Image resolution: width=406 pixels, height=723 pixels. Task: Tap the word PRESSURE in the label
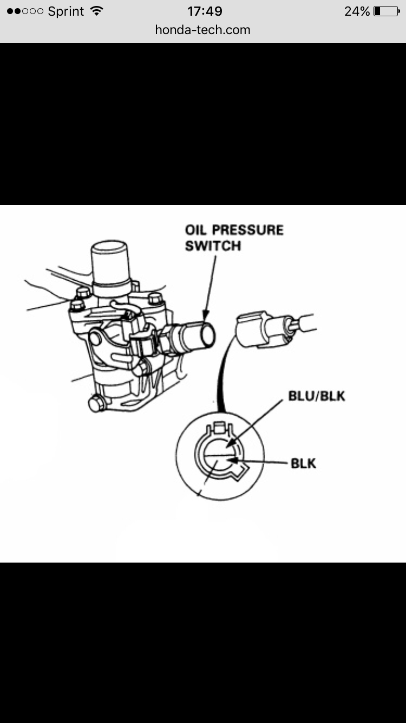[248, 230]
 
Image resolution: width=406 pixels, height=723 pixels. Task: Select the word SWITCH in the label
[213, 246]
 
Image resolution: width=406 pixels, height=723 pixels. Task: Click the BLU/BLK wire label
[317, 396]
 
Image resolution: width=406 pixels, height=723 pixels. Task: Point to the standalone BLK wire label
[303, 463]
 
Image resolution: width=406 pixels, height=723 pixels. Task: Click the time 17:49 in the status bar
[205, 11]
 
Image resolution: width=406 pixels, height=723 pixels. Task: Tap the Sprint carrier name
[67, 11]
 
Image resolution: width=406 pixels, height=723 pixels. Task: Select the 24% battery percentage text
[357, 11]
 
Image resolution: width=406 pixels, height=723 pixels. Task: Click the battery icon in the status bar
[387, 11]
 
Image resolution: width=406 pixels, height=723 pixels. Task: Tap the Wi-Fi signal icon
[97, 11]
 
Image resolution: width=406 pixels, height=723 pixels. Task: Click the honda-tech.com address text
[202, 30]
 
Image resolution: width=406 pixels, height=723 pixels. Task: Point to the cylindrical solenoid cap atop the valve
[111, 263]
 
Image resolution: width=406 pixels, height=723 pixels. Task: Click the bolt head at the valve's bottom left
[96, 404]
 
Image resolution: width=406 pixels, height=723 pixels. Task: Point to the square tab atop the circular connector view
[220, 428]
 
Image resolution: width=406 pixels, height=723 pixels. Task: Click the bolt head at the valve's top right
[155, 298]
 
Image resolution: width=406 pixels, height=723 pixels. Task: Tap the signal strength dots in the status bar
[24, 11]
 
